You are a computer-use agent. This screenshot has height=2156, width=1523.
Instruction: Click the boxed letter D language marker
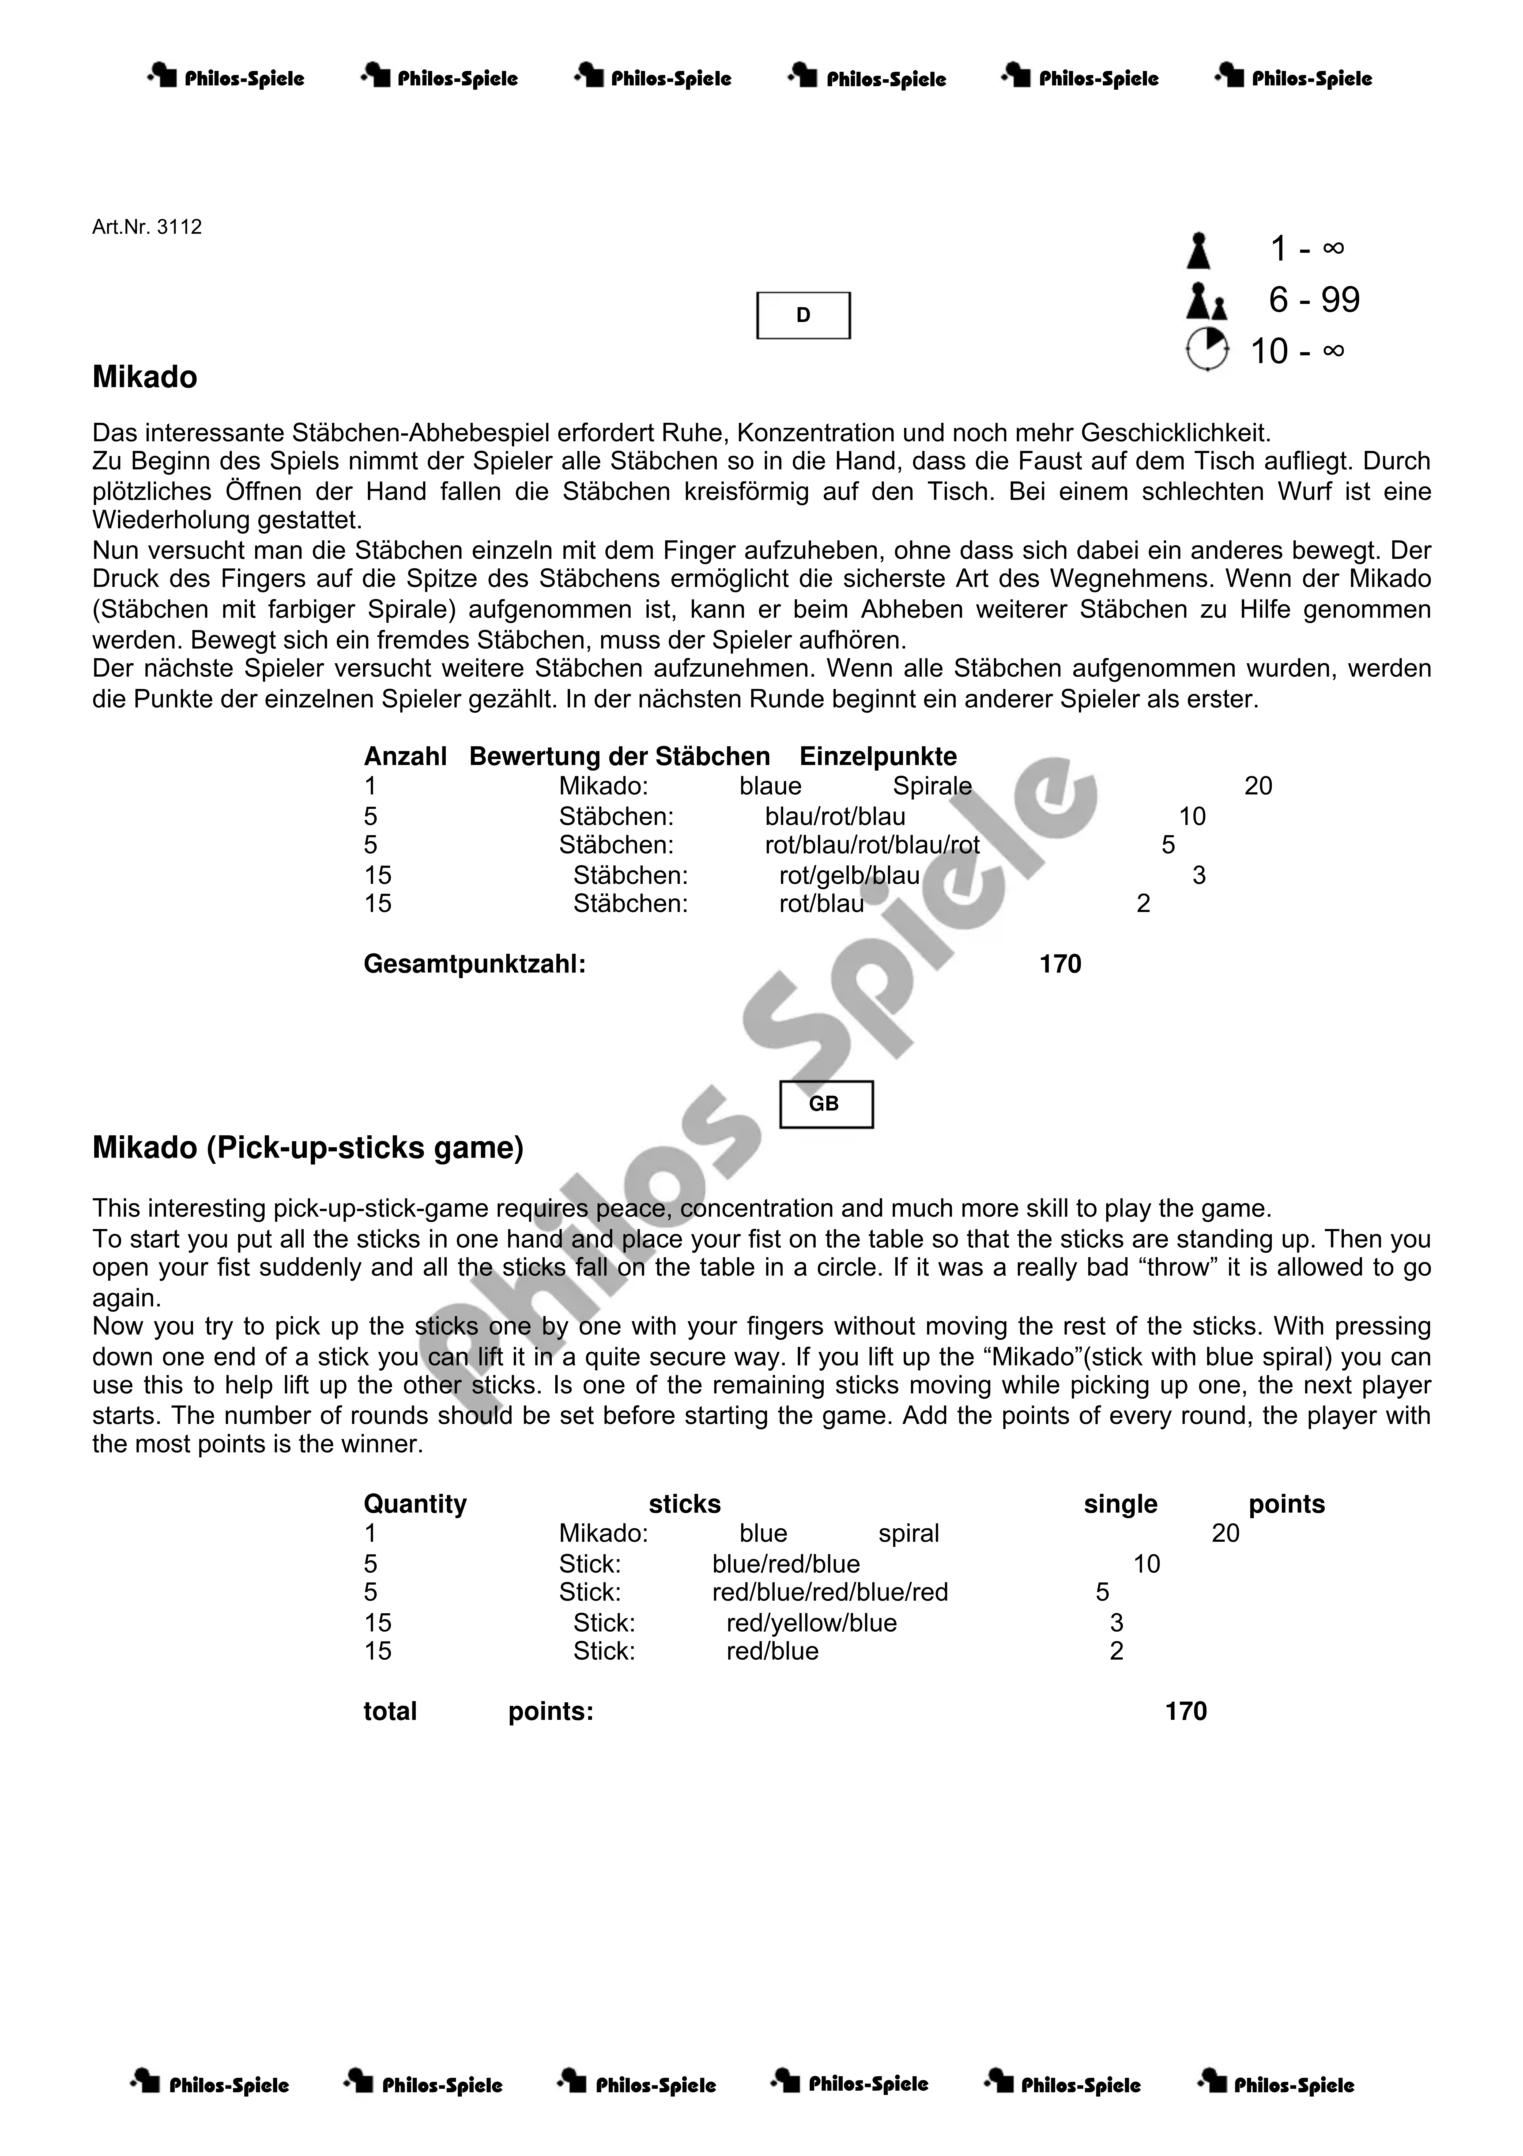pos(803,315)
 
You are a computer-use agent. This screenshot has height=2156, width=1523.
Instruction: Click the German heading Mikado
pos(145,378)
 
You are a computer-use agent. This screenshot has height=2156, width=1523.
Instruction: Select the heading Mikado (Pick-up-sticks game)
pos(307,1148)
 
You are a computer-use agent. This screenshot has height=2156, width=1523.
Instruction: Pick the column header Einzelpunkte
pos(878,757)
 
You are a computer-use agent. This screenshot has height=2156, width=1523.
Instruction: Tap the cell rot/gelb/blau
pos(849,876)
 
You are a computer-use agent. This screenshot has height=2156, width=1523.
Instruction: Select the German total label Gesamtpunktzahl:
pos(474,964)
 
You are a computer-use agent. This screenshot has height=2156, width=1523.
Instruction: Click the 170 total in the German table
pos(1060,964)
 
